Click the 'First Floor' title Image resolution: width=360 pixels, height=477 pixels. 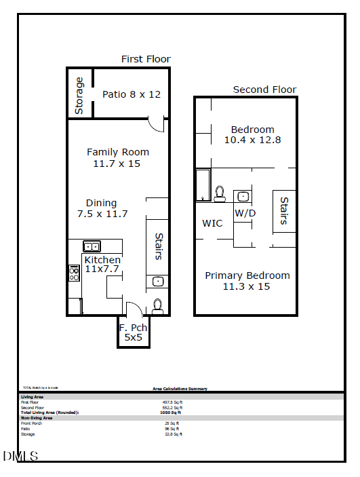click(x=146, y=59)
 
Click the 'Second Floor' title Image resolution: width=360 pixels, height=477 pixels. click(x=264, y=90)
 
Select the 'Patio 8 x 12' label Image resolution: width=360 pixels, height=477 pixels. click(x=132, y=94)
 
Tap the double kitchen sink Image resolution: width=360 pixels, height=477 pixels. click(x=92, y=246)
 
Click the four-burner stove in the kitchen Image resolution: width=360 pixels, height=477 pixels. click(x=74, y=273)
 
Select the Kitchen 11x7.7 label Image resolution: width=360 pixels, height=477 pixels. click(x=102, y=264)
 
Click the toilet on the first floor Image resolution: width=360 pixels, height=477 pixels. click(x=158, y=305)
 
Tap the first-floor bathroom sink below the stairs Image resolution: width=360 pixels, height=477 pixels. click(x=157, y=282)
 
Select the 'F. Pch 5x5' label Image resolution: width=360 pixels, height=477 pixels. click(x=133, y=332)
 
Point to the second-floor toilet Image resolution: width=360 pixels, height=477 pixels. click(x=220, y=194)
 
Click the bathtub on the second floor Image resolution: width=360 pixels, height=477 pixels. click(x=203, y=185)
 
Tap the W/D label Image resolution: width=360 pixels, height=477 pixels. click(x=245, y=213)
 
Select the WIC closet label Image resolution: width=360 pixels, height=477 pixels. click(x=212, y=223)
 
